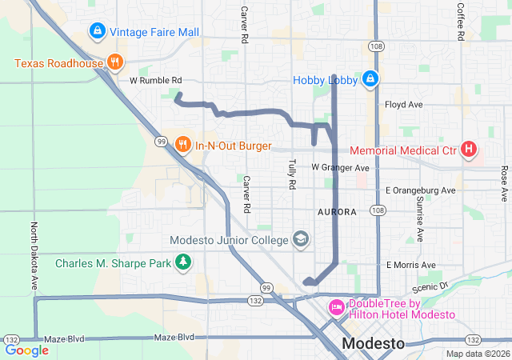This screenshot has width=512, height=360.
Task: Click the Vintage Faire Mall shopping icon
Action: pos(97,31)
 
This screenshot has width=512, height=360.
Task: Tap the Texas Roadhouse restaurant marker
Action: pos(115,63)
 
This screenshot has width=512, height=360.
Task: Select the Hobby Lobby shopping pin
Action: pos(370,79)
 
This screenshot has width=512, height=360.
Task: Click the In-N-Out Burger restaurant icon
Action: pos(183,145)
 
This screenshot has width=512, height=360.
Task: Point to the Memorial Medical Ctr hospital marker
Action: pos(469,150)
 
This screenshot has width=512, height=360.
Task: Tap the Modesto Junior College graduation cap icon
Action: pos(300,239)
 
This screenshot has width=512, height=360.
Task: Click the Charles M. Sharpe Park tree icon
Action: pos(184,262)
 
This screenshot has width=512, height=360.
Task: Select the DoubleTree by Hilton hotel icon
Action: pos(337,307)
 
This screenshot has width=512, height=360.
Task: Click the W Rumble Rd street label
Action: pos(156,81)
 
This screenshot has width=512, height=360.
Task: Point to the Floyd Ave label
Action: pos(404,105)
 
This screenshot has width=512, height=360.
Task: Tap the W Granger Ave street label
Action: pos(340,168)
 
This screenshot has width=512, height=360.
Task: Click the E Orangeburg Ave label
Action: pos(420,191)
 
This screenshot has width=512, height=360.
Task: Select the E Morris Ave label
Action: pos(410,265)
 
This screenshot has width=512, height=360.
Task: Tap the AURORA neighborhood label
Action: pos(336,212)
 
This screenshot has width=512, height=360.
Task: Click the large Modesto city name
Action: pos(373,343)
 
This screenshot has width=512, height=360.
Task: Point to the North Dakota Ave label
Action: pos(34,256)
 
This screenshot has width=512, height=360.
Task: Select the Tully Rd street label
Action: pos(292,174)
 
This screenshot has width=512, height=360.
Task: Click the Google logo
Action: pos(26,350)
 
